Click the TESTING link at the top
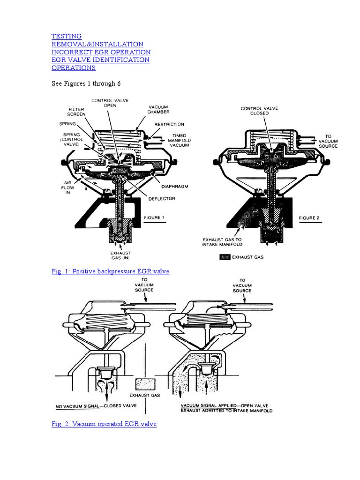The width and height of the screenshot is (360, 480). click(66, 36)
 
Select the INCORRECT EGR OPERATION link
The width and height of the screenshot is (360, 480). click(101, 52)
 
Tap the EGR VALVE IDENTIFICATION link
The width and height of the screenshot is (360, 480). click(100, 60)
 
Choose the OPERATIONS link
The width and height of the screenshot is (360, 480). click(73, 68)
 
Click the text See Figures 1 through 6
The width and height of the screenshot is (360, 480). click(86, 83)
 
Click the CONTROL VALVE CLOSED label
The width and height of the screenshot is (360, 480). click(259, 111)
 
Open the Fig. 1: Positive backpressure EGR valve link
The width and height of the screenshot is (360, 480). click(110, 271)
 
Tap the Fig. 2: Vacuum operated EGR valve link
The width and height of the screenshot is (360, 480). click(104, 424)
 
